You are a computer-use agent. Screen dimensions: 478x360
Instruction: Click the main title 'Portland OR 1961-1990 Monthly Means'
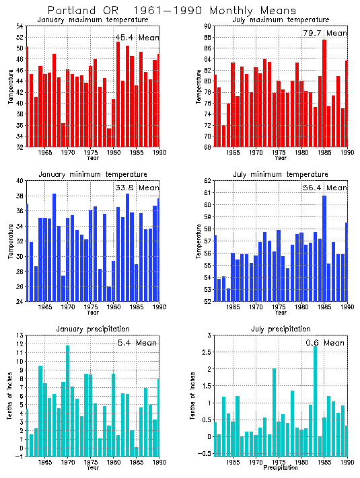point(172,11)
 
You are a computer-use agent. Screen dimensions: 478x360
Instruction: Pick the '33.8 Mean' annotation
point(137,188)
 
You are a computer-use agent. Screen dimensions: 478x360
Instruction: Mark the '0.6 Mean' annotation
point(324,343)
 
